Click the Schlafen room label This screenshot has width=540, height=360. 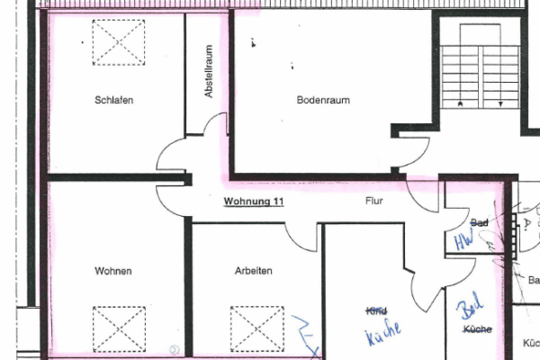click(x=114, y=100)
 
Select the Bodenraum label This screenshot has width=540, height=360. click(x=323, y=100)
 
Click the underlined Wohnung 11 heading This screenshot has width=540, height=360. click(x=254, y=202)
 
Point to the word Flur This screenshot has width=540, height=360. click(x=374, y=202)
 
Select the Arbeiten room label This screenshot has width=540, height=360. click(x=254, y=270)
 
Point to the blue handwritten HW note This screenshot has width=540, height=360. click(x=463, y=241)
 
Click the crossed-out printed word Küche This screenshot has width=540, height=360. click(x=477, y=330)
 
